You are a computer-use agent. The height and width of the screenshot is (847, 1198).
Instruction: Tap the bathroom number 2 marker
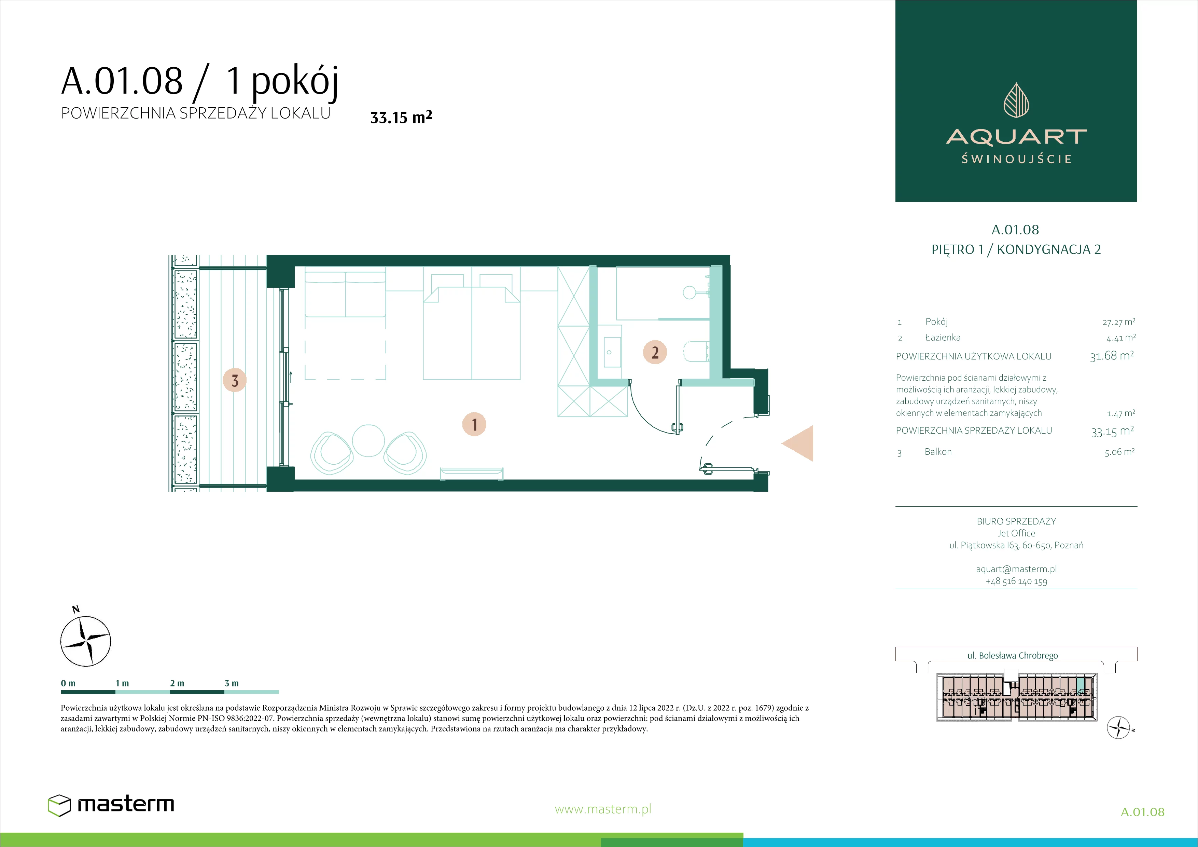coord(655,352)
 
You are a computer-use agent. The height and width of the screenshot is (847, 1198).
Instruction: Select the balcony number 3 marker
coord(235,380)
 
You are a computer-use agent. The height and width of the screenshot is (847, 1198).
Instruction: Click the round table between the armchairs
coord(368,440)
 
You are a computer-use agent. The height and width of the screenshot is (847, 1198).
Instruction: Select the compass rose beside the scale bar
coord(86,640)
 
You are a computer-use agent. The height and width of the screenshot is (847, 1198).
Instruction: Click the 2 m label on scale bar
coord(177,683)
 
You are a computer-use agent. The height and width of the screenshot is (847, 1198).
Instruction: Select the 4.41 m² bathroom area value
coord(1120,338)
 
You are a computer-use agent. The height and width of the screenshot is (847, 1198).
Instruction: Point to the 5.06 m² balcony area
coord(1119,452)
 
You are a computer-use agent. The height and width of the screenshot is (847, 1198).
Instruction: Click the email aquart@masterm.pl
coord(1016,569)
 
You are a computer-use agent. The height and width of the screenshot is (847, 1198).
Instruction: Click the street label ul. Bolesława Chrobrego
coord(1012,655)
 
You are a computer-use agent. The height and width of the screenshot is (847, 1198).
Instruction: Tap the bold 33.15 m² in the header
coord(401,117)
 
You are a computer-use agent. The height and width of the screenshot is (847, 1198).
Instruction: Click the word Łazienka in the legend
coord(943,337)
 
